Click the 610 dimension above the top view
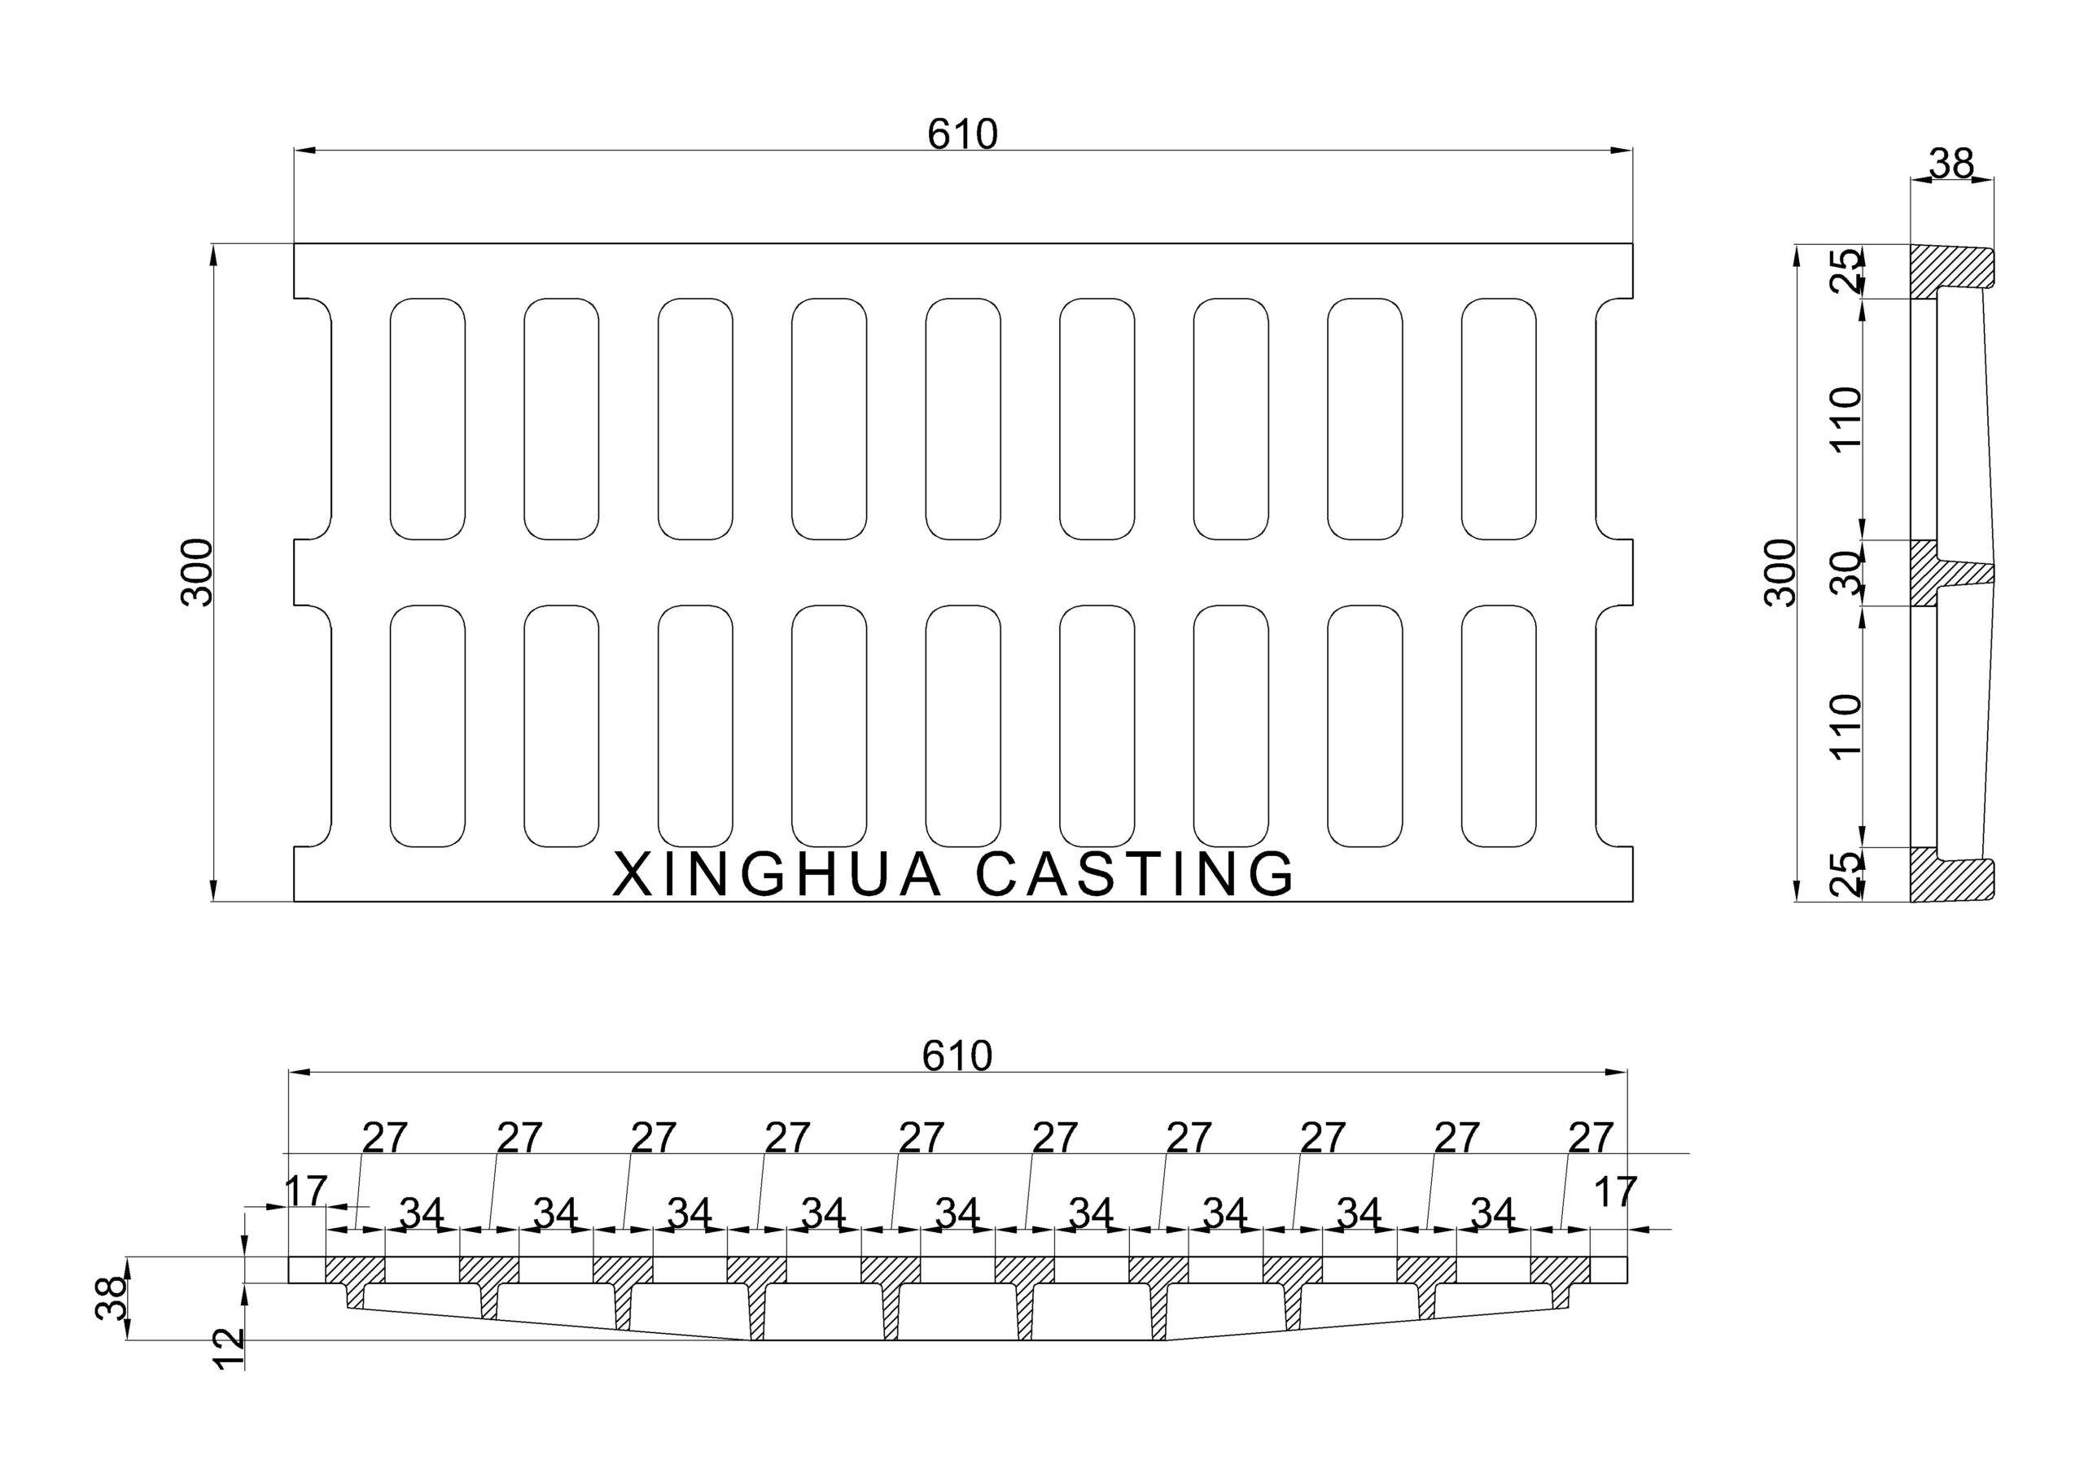[962, 134]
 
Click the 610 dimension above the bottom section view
[957, 1056]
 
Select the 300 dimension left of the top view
[196, 572]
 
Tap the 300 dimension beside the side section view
[1781, 572]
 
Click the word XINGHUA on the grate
[777, 874]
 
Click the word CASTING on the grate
[1135, 874]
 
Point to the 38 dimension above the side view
[1951, 164]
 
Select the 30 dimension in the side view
[1846, 573]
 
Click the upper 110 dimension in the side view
[1846, 418]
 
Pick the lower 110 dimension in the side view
[1846, 725]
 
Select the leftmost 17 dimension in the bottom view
[305, 1191]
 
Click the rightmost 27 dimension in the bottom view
[1590, 1137]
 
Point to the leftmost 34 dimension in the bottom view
[422, 1213]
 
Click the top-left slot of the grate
[427, 418]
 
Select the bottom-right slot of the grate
[1499, 725]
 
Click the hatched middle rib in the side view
[1929, 573]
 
